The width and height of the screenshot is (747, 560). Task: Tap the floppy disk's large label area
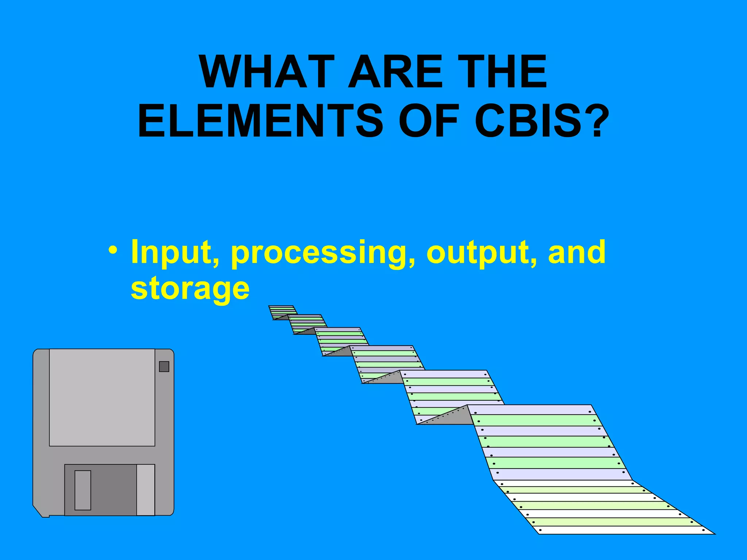click(x=102, y=397)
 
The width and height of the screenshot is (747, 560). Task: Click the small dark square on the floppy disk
click(x=164, y=366)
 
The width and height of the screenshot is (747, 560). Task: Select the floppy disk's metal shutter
click(x=109, y=490)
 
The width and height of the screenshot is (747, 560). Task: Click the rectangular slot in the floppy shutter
click(x=83, y=490)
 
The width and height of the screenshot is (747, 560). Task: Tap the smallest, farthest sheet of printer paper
click(x=282, y=312)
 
